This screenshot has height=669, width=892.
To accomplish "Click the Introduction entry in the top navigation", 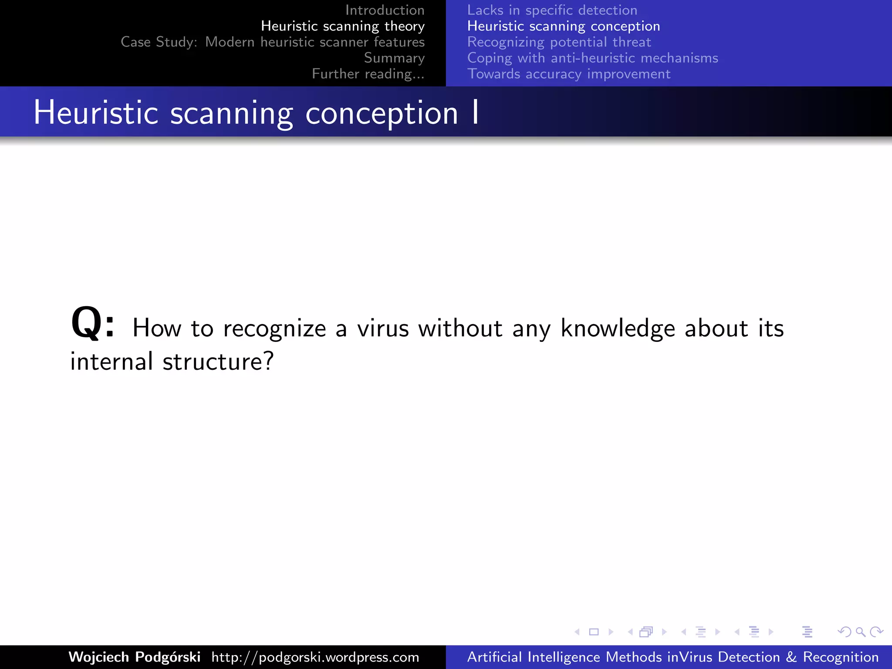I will pyautogui.click(x=385, y=10).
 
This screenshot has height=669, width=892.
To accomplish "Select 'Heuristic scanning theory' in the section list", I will pyautogui.click(x=342, y=26).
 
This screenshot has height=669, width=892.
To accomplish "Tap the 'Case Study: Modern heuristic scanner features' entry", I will pyautogui.click(x=273, y=42).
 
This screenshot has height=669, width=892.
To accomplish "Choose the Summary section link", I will pyautogui.click(x=394, y=58).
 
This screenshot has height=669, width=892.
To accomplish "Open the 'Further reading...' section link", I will pyautogui.click(x=368, y=74).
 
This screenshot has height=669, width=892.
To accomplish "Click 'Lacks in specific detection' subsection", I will pyautogui.click(x=552, y=10).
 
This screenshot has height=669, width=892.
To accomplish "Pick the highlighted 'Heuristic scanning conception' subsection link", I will pyautogui.click(x=563, y=26).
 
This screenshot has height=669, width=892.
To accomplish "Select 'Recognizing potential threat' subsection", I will pyautogui.click(x=559, y=42).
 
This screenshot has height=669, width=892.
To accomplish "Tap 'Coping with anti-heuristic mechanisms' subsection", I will pyautogui.click(x=592, y=58).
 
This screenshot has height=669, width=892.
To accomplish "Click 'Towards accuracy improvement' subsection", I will pyautogui.click(x=568, y=74).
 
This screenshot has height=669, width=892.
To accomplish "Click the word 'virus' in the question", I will pyautogui.click(x=383, y=328).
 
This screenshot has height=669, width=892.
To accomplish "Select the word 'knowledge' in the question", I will pyautogui.click(x=618, y=329).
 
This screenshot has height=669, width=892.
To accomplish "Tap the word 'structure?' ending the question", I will pyautogui.click(x=218, y=362).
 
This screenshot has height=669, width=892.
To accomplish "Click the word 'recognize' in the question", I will pyautogui.click(x=274, y=329).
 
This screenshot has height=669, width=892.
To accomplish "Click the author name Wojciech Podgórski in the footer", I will pyautogui.click(x=135, y=657).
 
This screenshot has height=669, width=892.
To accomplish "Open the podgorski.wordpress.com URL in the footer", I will pyautogui.click(x=315, y=657).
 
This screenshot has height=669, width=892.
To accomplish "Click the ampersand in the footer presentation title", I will pyautogui.click(x=791, y=657).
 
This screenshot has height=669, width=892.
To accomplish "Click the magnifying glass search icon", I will pyautogui.click(x=860, y=632).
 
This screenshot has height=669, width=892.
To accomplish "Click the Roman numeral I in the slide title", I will pyautogui.click(x=475, y=113).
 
